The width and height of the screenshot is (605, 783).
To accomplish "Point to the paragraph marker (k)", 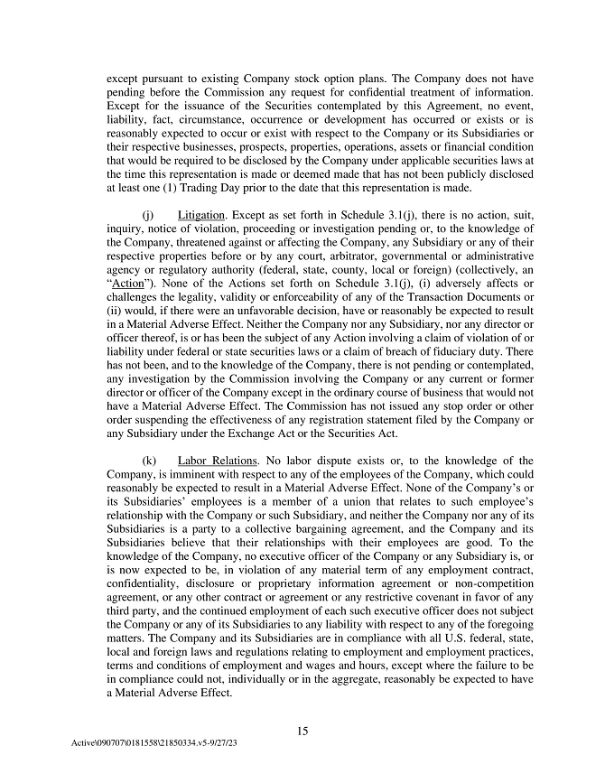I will (150, 461).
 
